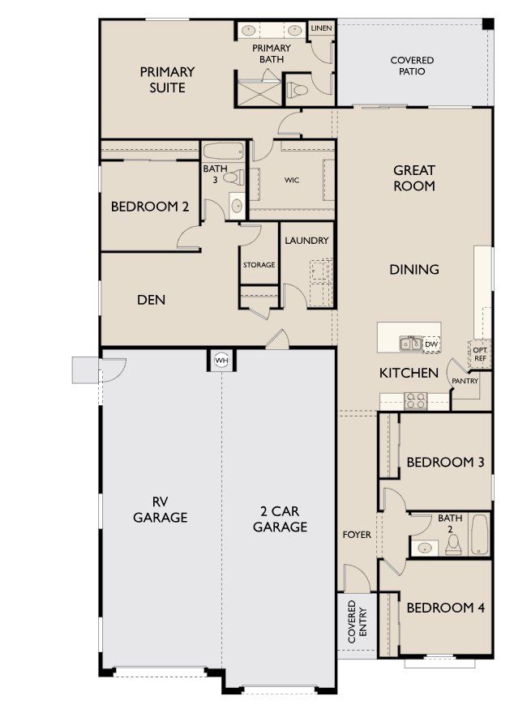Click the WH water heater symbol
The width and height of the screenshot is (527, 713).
tap(221, 360)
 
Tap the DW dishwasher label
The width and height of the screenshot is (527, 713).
tap(431, 344)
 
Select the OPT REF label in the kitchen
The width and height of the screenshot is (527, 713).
tap(480, 354)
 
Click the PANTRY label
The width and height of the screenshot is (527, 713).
tap(465, 381)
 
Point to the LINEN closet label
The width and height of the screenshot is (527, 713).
tap(320, 28)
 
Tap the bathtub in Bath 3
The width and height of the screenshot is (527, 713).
tap(222, 152)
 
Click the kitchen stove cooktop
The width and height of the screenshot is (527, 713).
tap(415, 399)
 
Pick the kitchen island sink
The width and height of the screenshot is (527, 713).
tap(409, 344)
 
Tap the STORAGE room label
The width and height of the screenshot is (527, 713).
tap(259, 265)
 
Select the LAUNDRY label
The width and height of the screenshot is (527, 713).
tap(306, 241)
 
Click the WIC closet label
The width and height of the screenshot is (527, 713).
tap(292, 180)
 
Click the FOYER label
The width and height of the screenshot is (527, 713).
tap(357, 535)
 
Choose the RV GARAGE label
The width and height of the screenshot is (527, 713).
tap(161, 509)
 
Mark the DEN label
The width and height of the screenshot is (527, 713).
tap(151, 300)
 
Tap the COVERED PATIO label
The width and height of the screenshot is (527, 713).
tap(412, 66)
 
